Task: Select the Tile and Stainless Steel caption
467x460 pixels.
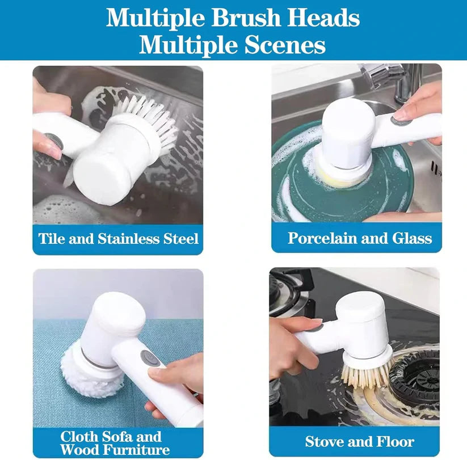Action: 119,238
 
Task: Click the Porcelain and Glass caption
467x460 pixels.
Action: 360,238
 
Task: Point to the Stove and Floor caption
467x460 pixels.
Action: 360,441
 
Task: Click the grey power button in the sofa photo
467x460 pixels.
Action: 150,358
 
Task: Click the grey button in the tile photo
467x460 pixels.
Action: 54,141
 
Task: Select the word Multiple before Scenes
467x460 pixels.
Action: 181,44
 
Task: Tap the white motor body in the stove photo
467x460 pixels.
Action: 363,320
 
